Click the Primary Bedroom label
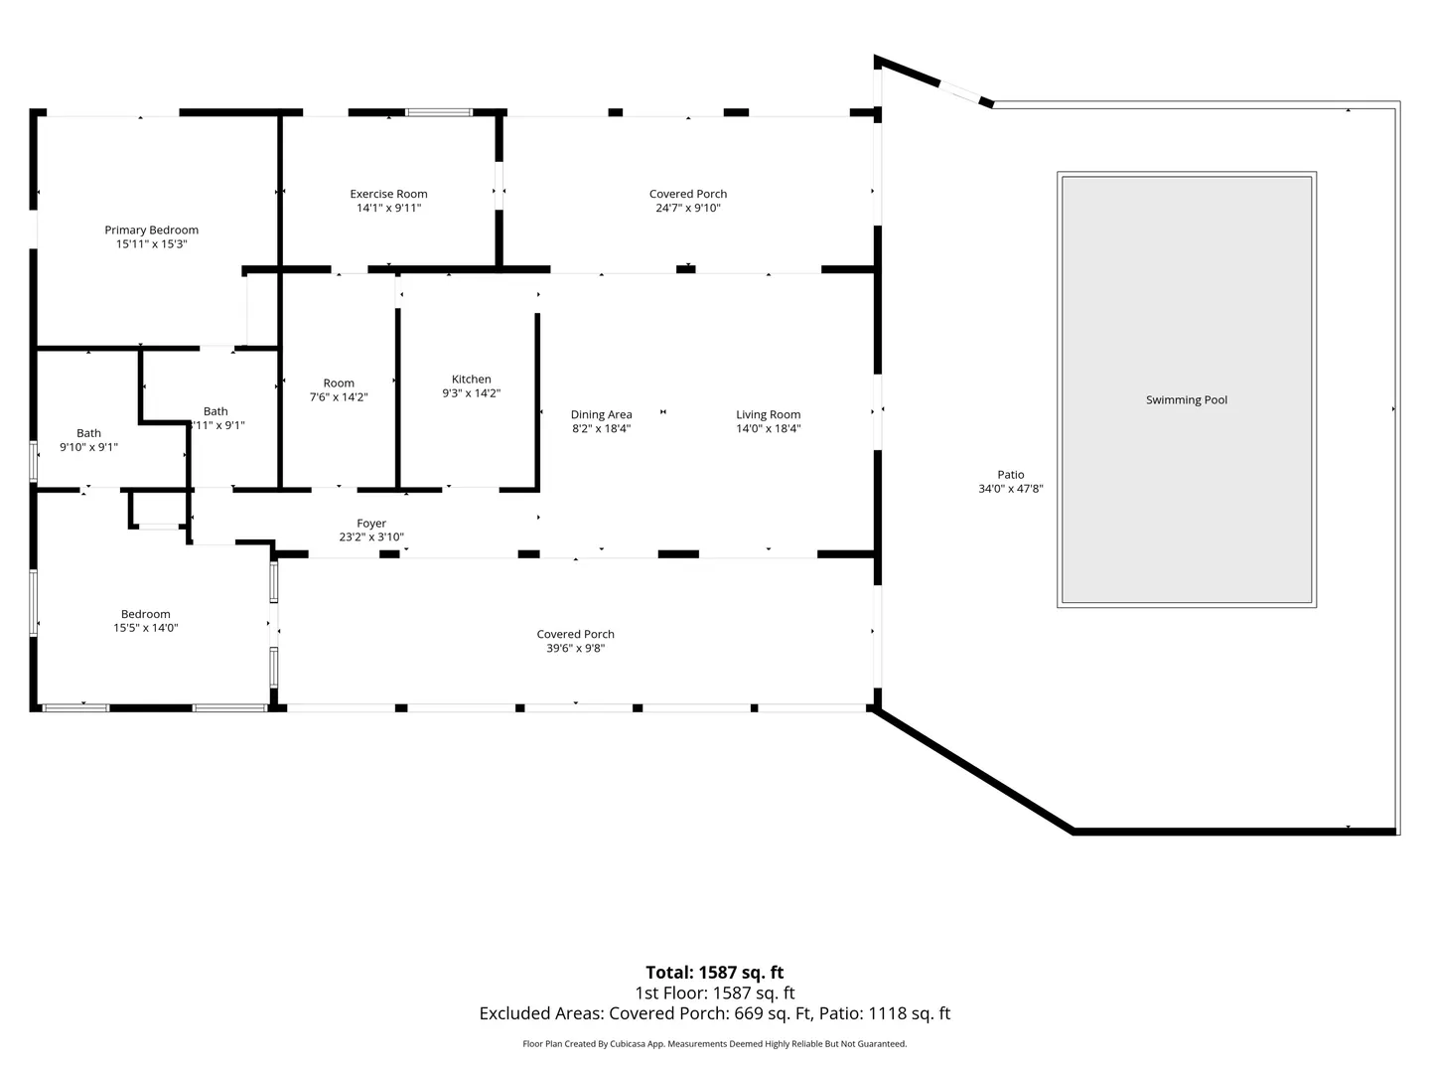click(x=151, y=230)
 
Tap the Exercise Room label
click(x=388, y=194)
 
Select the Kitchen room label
click(x=471, y=380)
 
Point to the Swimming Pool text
click(x=1186, y=400)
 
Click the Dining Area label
click(x=601, y=414)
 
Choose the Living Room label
click(x=768, y=414)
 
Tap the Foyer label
click(x=371, y=524)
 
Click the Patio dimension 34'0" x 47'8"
click(x=1011, y=489)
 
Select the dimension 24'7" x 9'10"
click(x=688, y=208)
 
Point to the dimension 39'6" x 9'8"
click(x=575, y=648)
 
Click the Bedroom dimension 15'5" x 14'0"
click(x=145, y=628)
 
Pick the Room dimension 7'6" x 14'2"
click(x=338, y=396)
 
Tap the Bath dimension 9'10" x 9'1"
click(x=88, y=447)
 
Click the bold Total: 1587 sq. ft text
click(x=715, y=973)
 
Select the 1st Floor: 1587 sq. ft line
click(x=715, y=993)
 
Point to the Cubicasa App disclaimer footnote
click(x=715, y=1043)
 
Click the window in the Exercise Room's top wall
click(x=439, y=112)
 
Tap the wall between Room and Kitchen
click(x=398, y=397)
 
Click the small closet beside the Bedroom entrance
click(x=159, y=509)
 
